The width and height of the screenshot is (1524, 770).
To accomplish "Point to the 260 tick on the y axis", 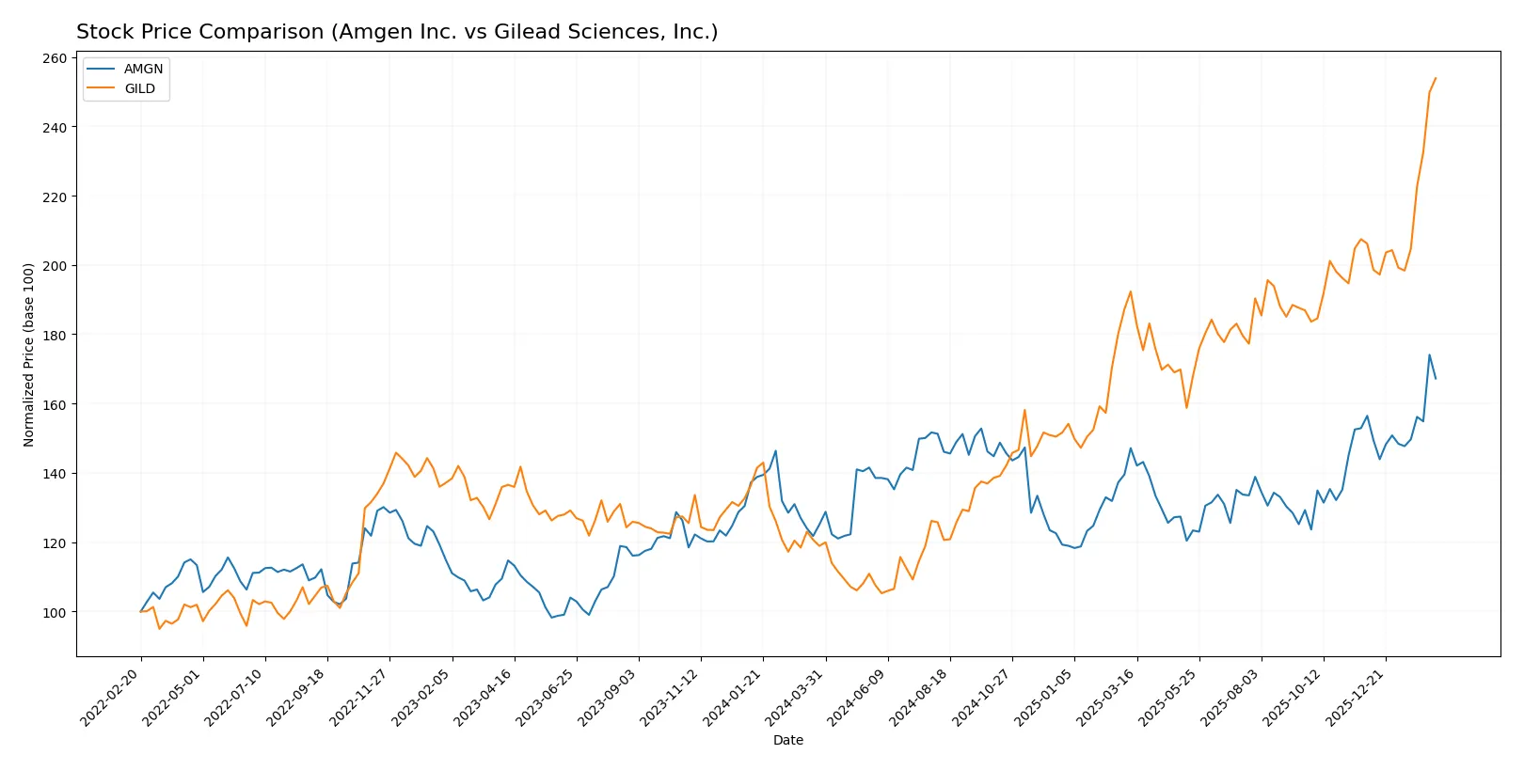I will pyautogui.click(x=55, y=58).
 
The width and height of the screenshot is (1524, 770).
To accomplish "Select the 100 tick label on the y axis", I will pyautogui.click(x=55, y=612).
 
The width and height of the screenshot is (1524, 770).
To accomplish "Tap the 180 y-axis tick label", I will pyautogui.click(x=55, y=335).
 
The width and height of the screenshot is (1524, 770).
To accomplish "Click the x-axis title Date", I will pyautogui.click(x=787, y=740).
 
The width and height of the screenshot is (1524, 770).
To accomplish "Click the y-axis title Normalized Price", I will pyautogui.click(x=29, y=354).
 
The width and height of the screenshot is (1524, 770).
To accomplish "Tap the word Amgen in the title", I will pyautogui.click(x=367, y=32).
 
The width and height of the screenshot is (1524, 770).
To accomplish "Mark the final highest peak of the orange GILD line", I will pyautogui.click(x=1436, y=78).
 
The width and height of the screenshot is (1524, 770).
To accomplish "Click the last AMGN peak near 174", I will pyautogui.click(x=1429, y=355).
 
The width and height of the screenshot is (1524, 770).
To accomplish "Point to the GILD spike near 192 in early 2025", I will pyautogui.click(x=1131, y=291).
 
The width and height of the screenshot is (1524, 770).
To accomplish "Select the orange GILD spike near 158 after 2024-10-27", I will pyautogui.click(x=1024, y=410).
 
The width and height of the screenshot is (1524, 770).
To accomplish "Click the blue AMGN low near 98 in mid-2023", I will pyautogui.click(x=552, y=617).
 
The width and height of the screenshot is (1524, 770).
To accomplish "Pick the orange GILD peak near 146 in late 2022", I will pyautogui.click(x=396, y=453).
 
